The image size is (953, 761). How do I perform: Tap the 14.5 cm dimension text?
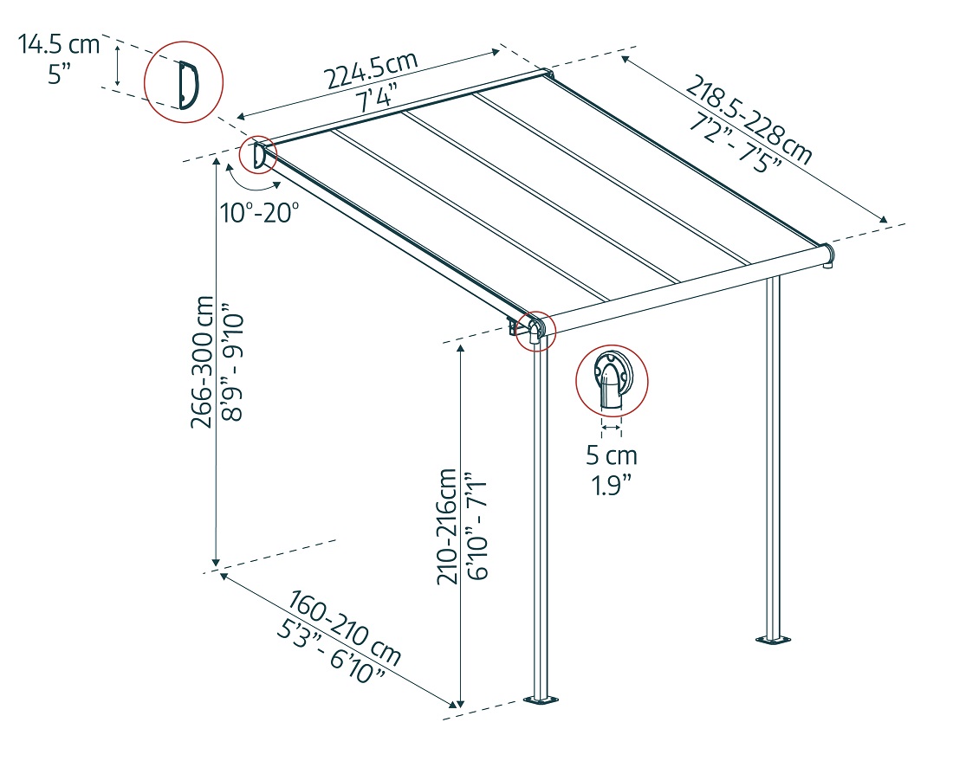pyautogui.click(x=60, y=44)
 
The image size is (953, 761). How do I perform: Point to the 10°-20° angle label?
pyautogui.click(x=259, y=213)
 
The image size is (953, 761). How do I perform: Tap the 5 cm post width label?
pyautogui.click(x=611, y=455)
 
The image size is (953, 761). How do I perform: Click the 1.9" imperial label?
pyautogui.click(x=611, y=485)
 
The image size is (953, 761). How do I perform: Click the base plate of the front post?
pyautogui.click(x=543, y=700)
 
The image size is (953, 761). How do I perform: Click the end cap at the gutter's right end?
pyautogui.click(x=828, y=255)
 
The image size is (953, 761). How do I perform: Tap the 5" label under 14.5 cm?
pyautogui.click(x=60, y=74)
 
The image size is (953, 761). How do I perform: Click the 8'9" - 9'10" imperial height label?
pyautogui.click(x=232, y=361)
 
